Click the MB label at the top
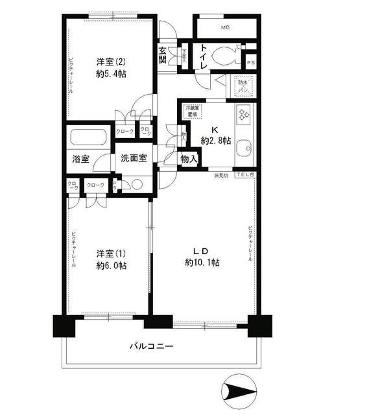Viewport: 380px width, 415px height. [225, 28]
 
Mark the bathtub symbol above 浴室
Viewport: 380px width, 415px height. [89, 138]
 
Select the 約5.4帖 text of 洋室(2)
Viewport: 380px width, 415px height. [112, 75]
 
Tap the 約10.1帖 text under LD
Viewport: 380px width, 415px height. [202, 263]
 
